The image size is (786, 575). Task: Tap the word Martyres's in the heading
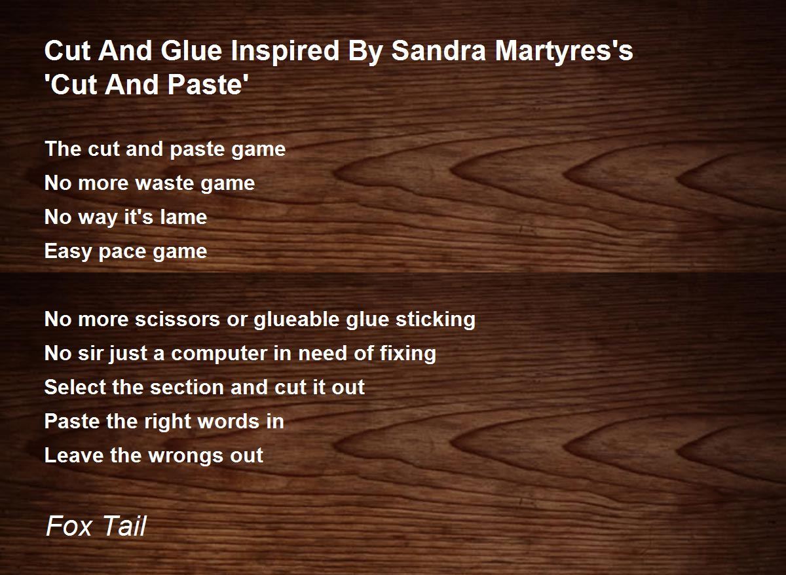pyautogui.click(x=564, y=52)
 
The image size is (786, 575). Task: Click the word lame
pyautogui.click(x=183, y=217)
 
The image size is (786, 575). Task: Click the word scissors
pyautogui.click(x=178, y=319)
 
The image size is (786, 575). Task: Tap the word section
pyautogui.click(x=187, y=388)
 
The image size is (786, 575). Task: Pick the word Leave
pyautogui.click(x=73, y=455)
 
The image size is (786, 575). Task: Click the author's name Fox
pyautogui.click(x=69, y=527)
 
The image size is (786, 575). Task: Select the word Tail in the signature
pyautogui.click(x=124, y=526)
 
